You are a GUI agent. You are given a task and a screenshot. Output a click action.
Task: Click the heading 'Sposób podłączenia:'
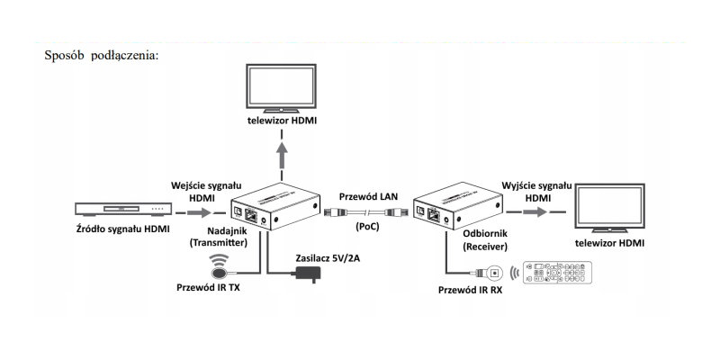(x=101, y=54)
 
